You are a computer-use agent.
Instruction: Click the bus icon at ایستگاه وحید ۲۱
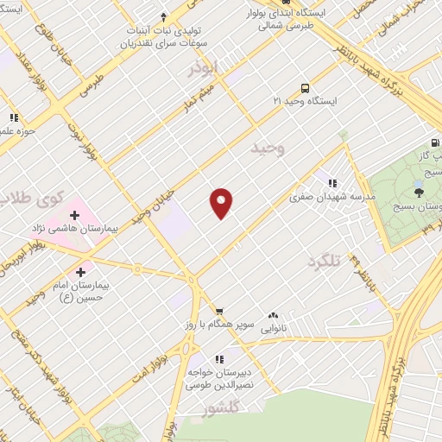pyautogui.click(x=304, y=88)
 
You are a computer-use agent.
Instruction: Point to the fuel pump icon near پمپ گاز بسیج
pyautogui.click(x=433, y=144)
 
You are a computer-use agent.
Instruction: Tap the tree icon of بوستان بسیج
pyautogui.click(x=419, y=190)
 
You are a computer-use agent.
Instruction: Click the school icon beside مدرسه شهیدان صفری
pyautogui.click(x=331, y=182)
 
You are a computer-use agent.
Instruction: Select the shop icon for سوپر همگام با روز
pyautogui.click(x=219, y=312)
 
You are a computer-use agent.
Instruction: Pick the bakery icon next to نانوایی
pyautogui.click(x=274, y=316)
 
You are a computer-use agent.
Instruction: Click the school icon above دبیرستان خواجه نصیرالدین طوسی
pyautogui.click(x=219, y=358)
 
